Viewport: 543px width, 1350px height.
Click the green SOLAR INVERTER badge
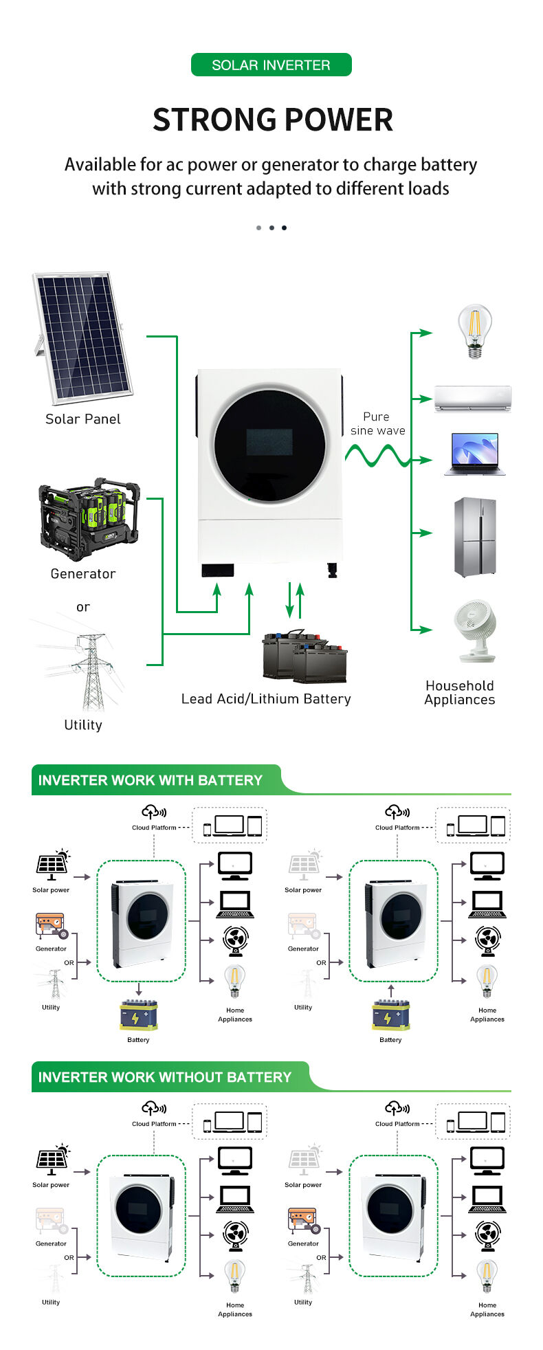[x=271, y=65]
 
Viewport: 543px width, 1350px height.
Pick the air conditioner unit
[x=473, y=398]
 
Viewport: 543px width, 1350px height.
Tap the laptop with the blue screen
[x=474, y=454]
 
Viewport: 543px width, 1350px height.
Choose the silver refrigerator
[x=475, y=537]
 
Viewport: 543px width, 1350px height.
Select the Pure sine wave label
[x=377, y=423]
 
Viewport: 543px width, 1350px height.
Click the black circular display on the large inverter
[x=269, y=443]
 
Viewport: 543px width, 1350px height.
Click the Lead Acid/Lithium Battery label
[x=266, y=699]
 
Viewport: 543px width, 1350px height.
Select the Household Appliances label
[x=460, y=693]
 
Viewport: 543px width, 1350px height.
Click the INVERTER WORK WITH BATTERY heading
[x=151, y=780]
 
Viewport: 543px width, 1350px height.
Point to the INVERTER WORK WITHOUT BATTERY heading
[x=165, y=1077]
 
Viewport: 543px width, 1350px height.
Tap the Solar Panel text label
[x=83, y=419]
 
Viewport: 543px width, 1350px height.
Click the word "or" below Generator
[x=83, y=607]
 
